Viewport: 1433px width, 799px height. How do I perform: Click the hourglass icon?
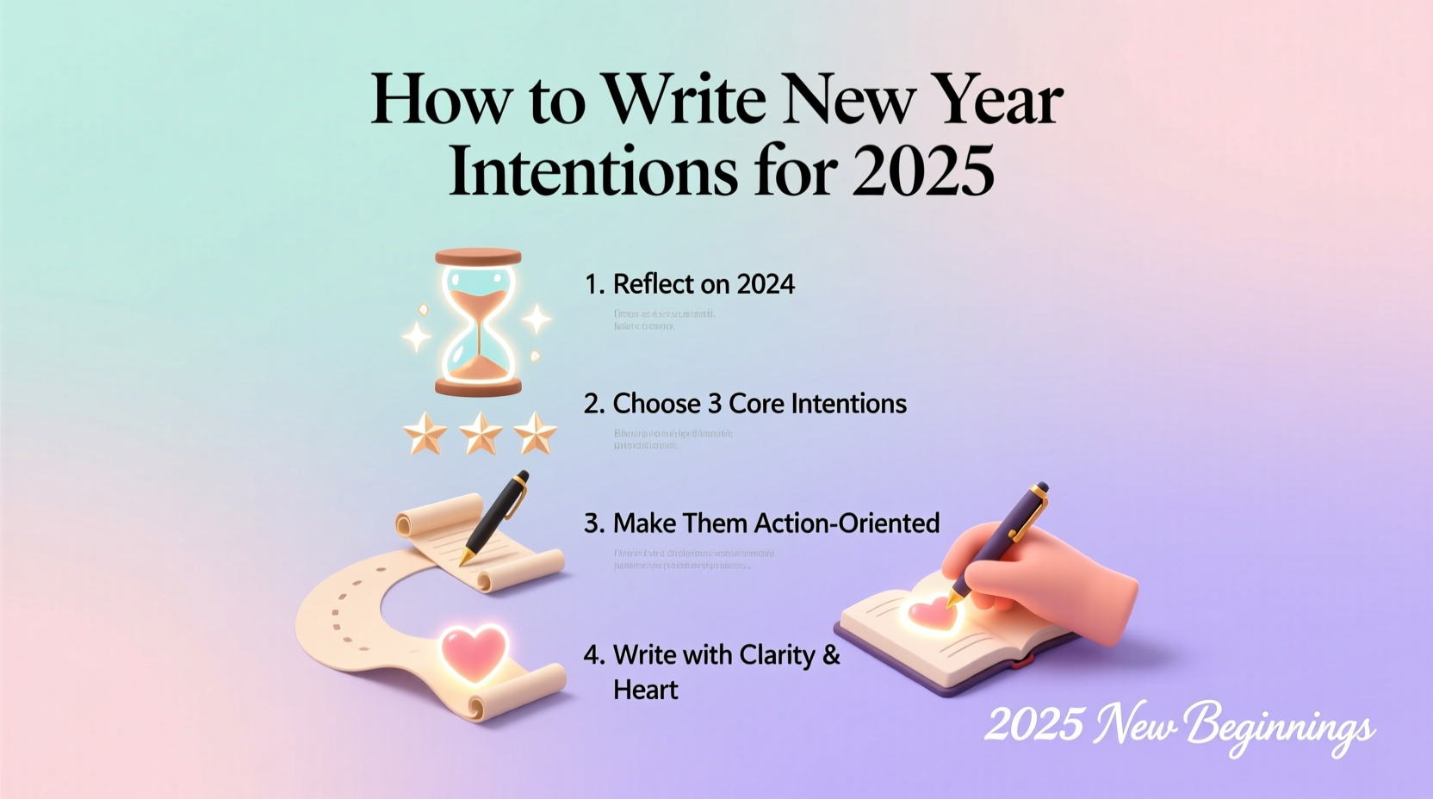[478, 323]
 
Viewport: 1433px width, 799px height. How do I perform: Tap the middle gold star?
[481, 433]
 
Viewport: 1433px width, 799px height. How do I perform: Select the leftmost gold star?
[425, 433]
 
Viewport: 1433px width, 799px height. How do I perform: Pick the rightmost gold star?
[535, 433]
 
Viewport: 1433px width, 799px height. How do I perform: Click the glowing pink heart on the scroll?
[474, 649]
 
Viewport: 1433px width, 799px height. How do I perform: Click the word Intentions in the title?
[592, 170]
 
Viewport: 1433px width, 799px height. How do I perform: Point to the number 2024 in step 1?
[766, 284]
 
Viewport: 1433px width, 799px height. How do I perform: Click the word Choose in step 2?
[656, 404]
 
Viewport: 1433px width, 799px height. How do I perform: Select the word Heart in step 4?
[645, 690]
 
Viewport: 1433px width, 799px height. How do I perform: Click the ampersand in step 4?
[831, 655]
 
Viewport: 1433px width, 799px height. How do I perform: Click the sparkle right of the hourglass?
[537, 319]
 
